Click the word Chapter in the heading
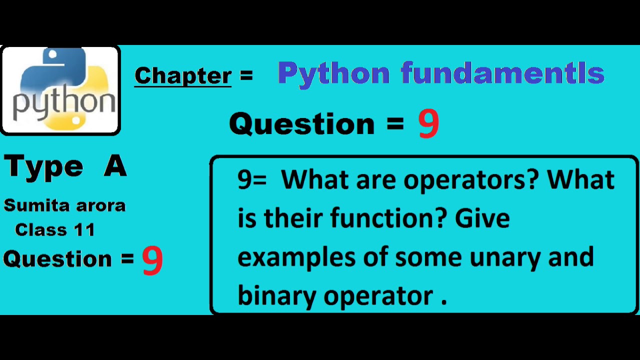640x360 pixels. click(x=183, y=75)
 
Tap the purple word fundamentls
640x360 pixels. click(x=502, y=73)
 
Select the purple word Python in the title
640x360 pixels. click(x=333, y=74)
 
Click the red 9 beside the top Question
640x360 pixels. click(x=428, y=124)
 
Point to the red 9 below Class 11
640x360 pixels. click(x=152, y=260)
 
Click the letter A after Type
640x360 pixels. click(x=115, y=166)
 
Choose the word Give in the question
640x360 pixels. click(x=482, y=218)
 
